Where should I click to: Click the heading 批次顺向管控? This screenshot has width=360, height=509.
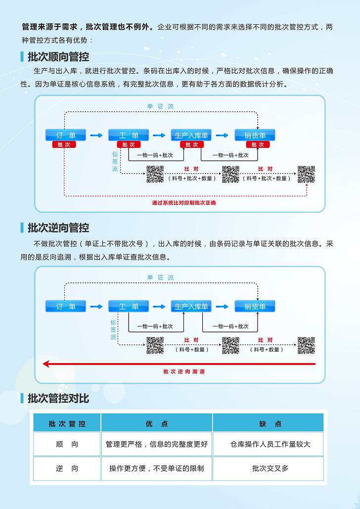pyautogui.click(x=58, y=57)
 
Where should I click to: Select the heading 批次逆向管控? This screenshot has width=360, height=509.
pyautogui.click(x=58, y=228)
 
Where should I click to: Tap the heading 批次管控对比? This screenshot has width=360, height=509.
pyautogui.click(x=58, y=398)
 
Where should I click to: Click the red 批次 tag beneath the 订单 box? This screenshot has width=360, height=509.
pyautogui.click(x=64, y=145)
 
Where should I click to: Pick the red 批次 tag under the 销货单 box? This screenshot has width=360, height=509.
pyautogui.click(x=258, y=145)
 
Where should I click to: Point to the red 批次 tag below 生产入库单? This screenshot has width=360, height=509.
pyautogui.click(x=192, y=145)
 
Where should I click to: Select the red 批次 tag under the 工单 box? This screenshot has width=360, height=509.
pyautogui.click(x=129, y=145)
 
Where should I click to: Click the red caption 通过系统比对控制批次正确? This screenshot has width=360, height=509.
pyautogui.click(x=184, y=203)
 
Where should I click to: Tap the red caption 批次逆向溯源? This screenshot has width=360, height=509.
pyautogui.click(x=184, y=371)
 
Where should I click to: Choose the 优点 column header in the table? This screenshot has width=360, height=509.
pyautogui.click(x=157, y=424)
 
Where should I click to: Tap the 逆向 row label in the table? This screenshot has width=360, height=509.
pyautogui.click(x=67, y=468)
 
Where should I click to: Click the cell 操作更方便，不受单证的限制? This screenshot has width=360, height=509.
pyautogui.click(x=157, y=468)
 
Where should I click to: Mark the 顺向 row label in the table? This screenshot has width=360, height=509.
pyautogui.click(x=67, y=444)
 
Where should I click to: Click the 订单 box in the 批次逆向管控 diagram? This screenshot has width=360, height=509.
pyautogui.click(x=66, y=307)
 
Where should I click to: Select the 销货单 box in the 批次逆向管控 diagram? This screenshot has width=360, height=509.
pyautogui.click(x=255, y=307)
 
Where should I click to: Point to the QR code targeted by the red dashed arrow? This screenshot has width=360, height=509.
pyautogui.click(x=306, y=175)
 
